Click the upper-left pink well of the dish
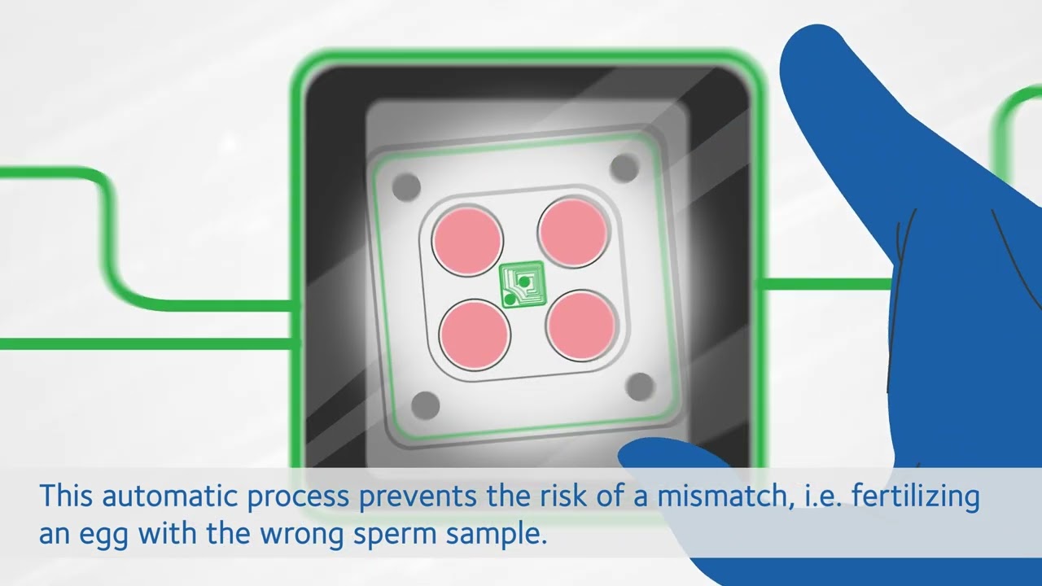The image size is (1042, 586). click(467, 241)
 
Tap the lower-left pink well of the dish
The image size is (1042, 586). click(475, 335)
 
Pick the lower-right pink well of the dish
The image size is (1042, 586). click(581, 326)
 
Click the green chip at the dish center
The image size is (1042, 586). click(522, 284)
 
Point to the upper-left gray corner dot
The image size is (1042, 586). click(406, 187)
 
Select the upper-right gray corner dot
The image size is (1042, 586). click(624, 168)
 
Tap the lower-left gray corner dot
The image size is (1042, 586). click(426, 405)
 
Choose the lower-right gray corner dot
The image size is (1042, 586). click(640, 387)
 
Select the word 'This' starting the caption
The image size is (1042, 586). click(67, 496)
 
